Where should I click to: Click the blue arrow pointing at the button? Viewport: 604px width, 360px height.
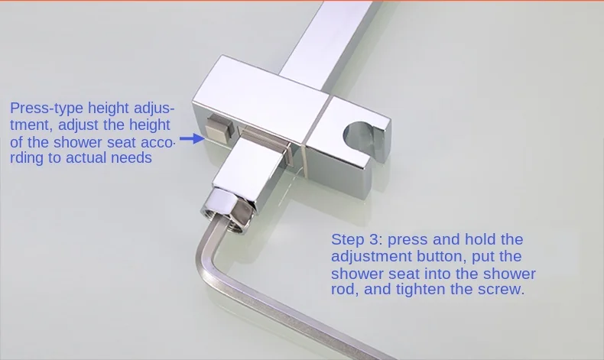[x=192, y=138]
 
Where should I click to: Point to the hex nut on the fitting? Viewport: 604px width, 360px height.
[x=227, y=209]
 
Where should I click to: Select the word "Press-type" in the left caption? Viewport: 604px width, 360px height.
[x=47, y=109]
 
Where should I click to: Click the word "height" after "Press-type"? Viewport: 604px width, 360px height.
[x=109, y=108]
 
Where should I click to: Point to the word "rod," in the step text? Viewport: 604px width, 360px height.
[x=345, y=289]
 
